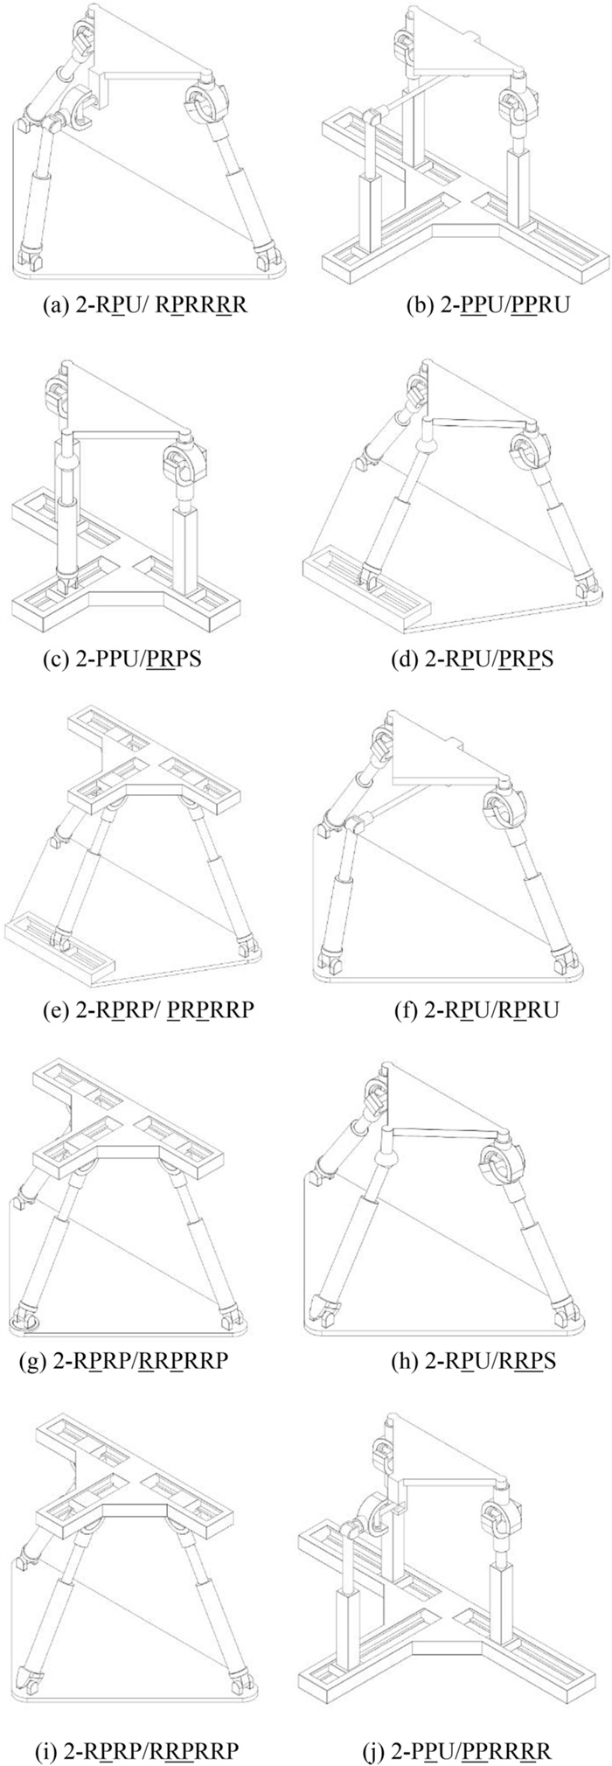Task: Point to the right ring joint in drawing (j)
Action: pos(494,1514)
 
